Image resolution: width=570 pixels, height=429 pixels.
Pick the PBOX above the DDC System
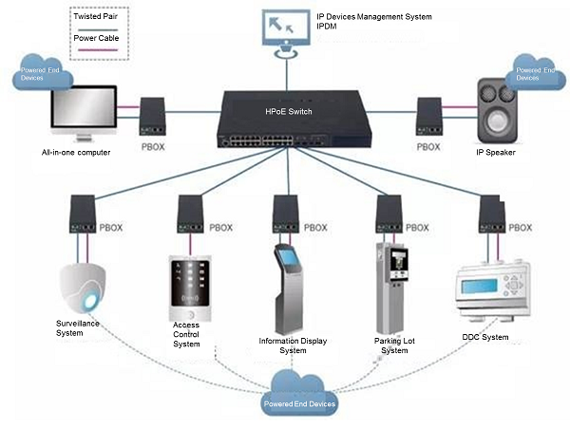click(x=486, y=218)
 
